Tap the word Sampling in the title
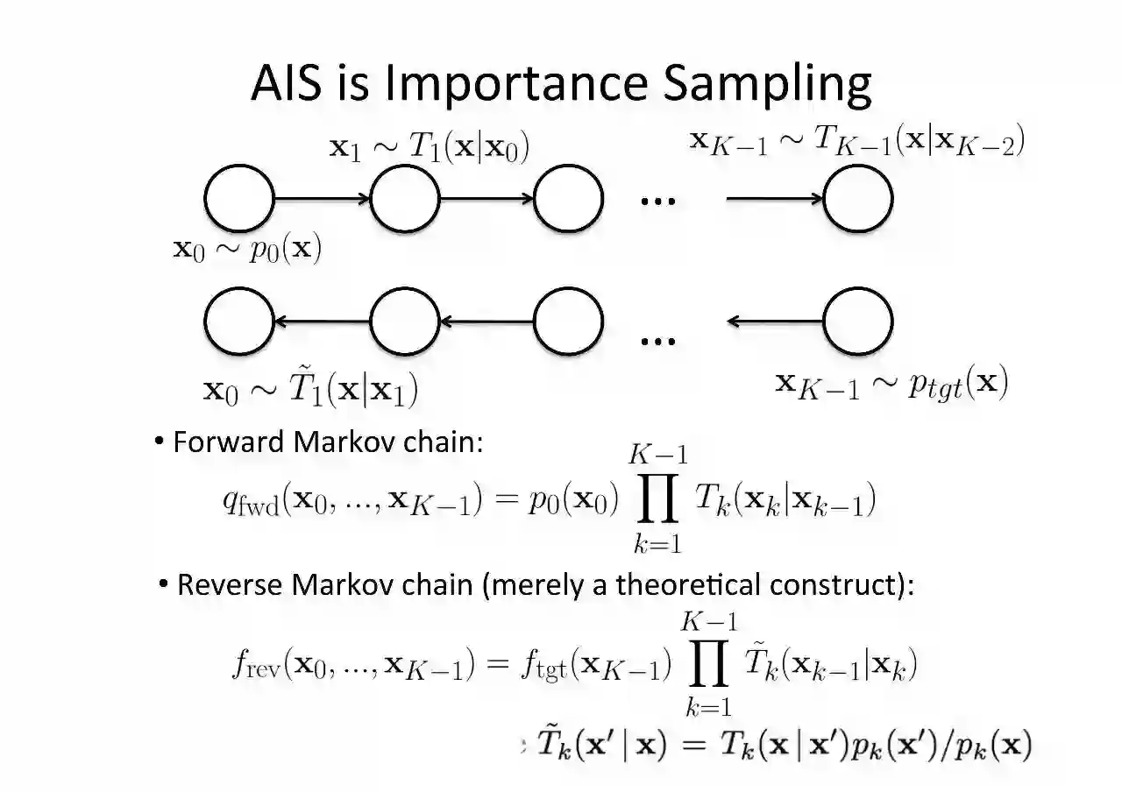click(x=767, y=84)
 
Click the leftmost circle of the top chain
click(x=238, y=199)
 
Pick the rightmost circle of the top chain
click(x=857, y=199)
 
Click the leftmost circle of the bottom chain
click(x=238, y=322)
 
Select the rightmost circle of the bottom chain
click(x=857, y=322)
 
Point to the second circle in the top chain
click(x=405, y=199)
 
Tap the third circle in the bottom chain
click(x=568, y=322)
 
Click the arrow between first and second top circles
click(x=322, y=199)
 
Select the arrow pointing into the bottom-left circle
click(x=322, y=322)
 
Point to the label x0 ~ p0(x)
click(x=247, y=250)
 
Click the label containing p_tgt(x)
click(x=891, y=384)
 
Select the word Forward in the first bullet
click(x=231, y=442)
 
